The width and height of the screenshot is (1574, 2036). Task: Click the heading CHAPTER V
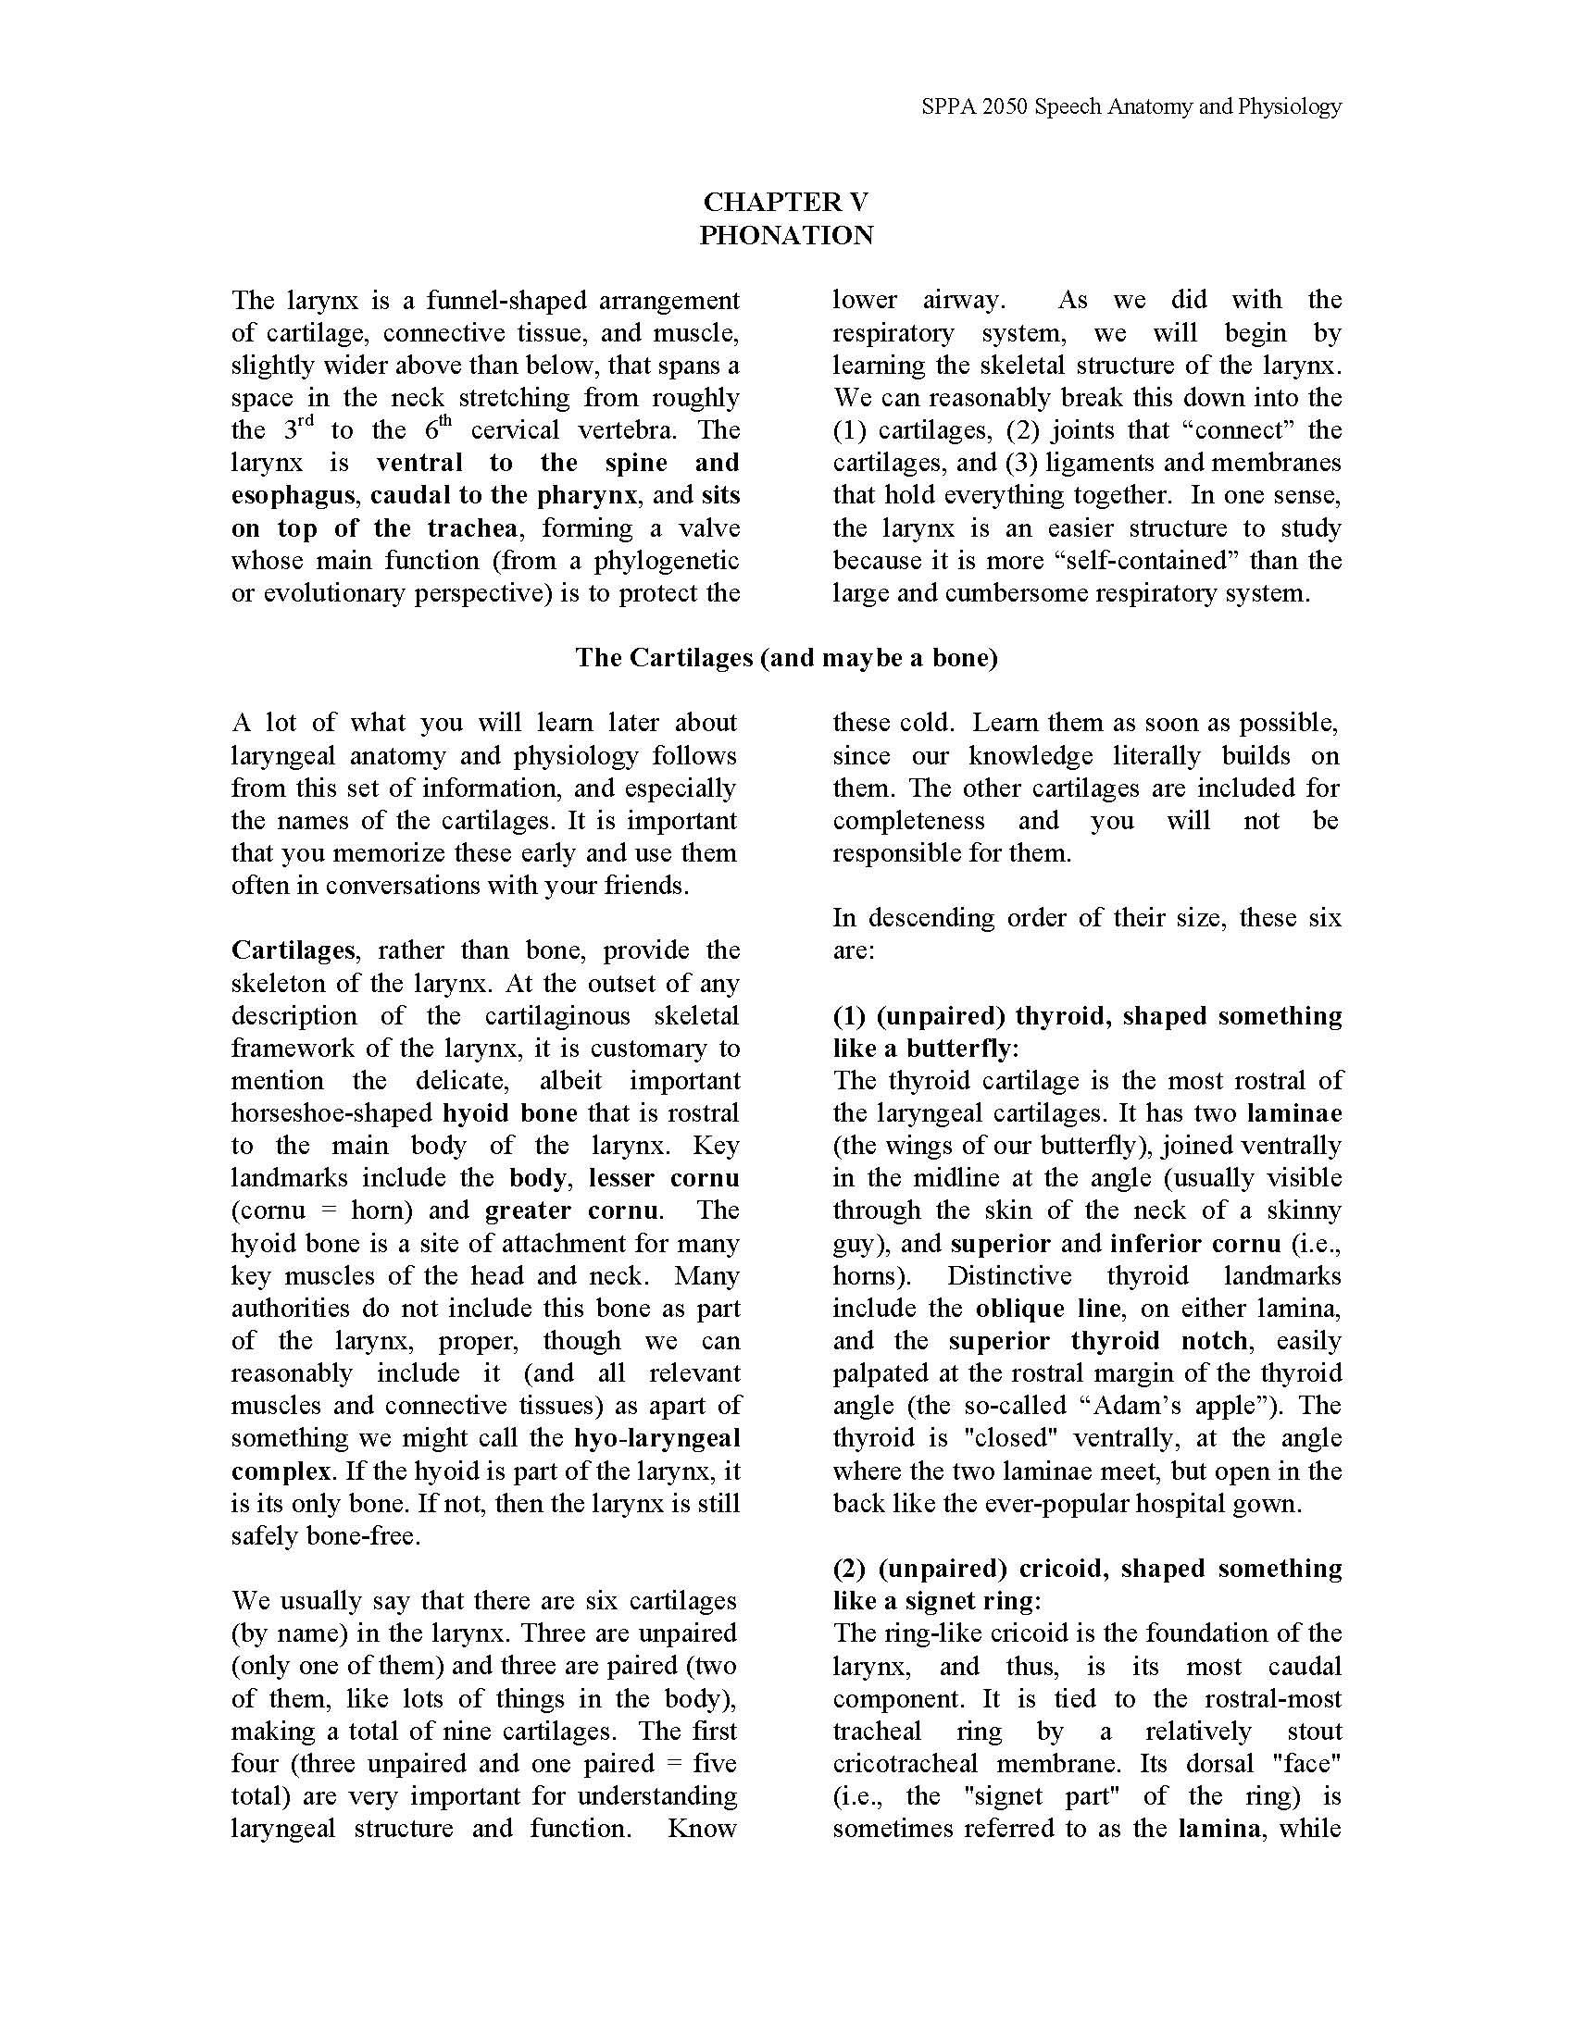pos(786,203)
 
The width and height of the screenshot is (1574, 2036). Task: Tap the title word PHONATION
pos(786,235)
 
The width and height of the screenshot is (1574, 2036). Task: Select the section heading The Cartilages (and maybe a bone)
pos(786,658)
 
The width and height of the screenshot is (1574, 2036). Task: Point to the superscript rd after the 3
pos(306,423)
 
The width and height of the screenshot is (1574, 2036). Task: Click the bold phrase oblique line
pos(1047,1309)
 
